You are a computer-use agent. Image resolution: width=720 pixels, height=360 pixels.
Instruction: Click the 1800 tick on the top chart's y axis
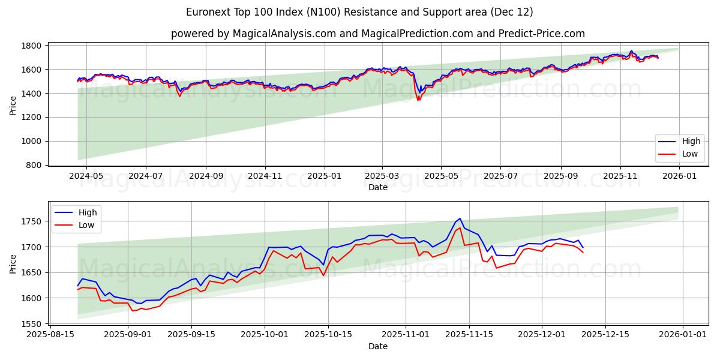(x=32, y=46)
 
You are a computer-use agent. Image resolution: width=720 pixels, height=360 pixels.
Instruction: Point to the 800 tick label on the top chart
(x=34, y=165)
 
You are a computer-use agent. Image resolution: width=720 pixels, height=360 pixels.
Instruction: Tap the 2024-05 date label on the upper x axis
(x=86, y=176)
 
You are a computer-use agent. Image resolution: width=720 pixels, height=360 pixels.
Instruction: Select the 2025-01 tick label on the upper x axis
(x=325, y=176)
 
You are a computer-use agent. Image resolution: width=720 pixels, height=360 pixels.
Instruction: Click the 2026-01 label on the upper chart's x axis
(x=679, y=176)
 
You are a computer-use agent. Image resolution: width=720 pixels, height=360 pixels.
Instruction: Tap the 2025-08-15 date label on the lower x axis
(x=50, y=335)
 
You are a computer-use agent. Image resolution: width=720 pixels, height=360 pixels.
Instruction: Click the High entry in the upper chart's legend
(x=691, y=142)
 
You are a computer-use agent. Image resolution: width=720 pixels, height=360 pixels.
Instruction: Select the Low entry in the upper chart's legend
(x=690, y=154)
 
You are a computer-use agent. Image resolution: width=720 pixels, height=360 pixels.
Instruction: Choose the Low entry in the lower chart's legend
(x=87, y=225)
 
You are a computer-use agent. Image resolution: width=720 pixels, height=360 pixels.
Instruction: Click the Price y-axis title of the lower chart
(x=13, y=263)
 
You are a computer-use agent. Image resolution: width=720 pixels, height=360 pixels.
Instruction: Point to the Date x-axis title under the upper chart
(x=377, y=187)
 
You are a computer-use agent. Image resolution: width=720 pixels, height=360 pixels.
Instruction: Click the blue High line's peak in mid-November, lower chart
(x=460, y=218)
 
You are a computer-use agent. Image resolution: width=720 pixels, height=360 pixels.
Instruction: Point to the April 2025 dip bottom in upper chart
(x=418, y=100)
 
